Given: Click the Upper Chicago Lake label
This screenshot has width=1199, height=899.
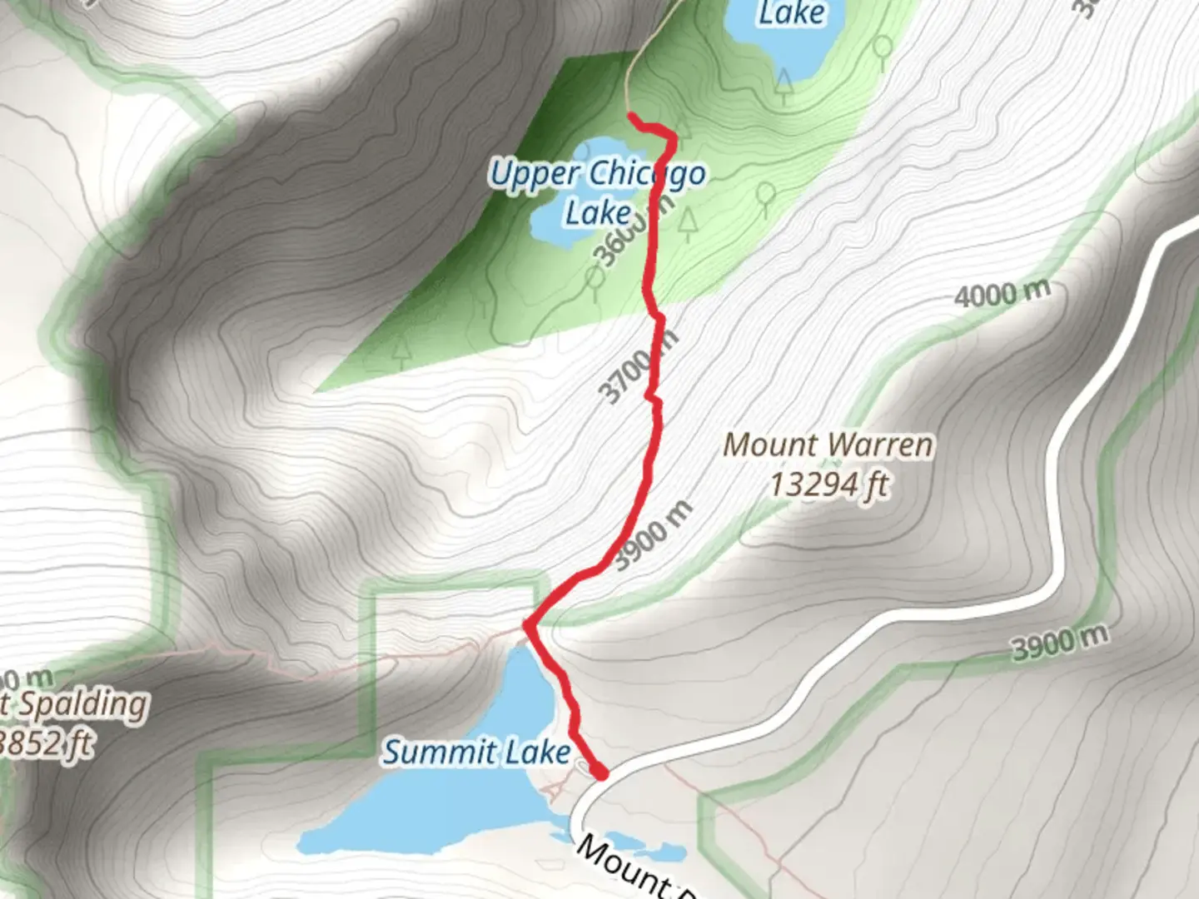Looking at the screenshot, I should coord(596,191).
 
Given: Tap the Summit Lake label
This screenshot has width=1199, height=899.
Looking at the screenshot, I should coord(476,752).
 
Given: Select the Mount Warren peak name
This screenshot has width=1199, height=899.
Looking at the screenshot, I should coord(828,445).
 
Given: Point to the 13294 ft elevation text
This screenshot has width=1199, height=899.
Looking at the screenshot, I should coord(828,484).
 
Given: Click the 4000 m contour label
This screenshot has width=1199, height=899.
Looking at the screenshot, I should coord(1002,293).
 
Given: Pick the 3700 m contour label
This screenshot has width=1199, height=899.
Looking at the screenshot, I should coord(637,366).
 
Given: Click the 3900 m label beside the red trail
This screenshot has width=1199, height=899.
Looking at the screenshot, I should coord(653,534).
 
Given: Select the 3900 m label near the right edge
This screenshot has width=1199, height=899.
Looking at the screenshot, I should coord(1059,642).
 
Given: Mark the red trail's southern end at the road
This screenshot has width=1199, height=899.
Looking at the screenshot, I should coord(599,774).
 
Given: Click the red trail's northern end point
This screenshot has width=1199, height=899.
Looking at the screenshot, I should coord(632,117).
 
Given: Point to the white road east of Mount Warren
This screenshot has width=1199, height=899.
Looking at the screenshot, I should coord(1074,466).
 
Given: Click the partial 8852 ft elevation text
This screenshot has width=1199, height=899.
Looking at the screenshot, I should coord(46,743).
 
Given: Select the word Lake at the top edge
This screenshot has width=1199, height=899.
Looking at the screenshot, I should coord(791,12).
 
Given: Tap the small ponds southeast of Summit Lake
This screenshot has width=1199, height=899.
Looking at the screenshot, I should coord(658,852).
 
